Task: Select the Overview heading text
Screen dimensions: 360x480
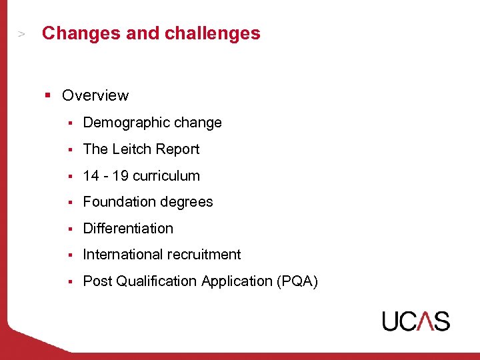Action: [95, 95]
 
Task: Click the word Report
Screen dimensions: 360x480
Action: [179, 149]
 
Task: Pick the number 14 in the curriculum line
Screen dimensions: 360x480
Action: [91, 176]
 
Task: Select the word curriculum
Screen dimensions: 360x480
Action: [166, 176]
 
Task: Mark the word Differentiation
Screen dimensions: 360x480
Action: [128, 229]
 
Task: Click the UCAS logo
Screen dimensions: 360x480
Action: [415, 321]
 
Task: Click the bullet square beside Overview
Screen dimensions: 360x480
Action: [48, 95]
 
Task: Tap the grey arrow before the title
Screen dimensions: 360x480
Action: [22, 33]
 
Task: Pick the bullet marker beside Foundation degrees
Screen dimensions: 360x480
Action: [70, 203]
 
